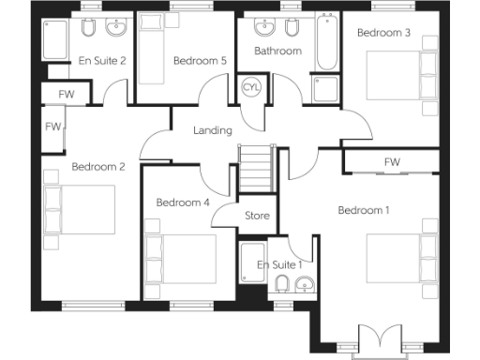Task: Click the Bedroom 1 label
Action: point(363,210)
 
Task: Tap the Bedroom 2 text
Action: point(97,168)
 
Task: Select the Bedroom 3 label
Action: point(383,33)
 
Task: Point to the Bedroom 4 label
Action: point(182,202)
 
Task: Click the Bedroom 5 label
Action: point(200,61)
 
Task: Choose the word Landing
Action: point(213,130)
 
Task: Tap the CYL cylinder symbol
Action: point(251,86)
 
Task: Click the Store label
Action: point(257,216)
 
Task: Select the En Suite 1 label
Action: point(280,265)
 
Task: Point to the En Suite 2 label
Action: point(102,61)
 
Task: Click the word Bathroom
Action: point(277,51)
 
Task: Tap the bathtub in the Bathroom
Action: point(327,43)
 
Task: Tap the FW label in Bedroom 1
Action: point(391,162)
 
